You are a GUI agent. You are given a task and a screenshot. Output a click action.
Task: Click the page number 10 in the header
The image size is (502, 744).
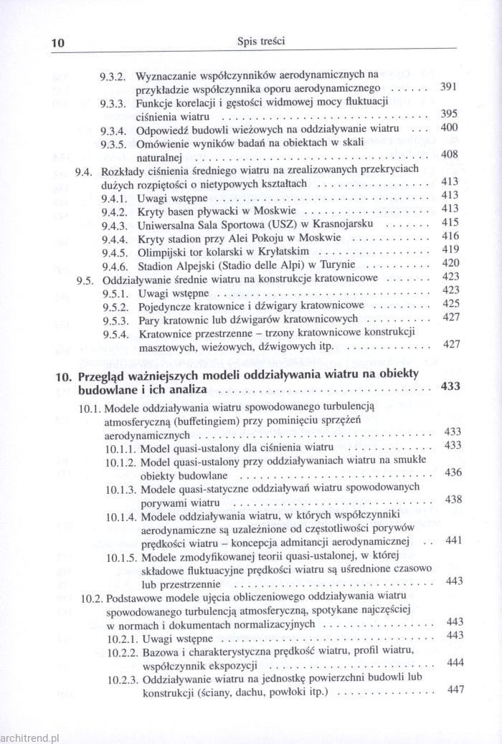[58, 42]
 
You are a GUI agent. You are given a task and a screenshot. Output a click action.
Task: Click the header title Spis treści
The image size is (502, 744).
[261, 42]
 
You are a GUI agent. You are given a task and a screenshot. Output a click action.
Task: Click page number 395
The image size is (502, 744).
[449, 115]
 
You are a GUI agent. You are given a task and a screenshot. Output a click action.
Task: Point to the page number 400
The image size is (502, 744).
[449, 128]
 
